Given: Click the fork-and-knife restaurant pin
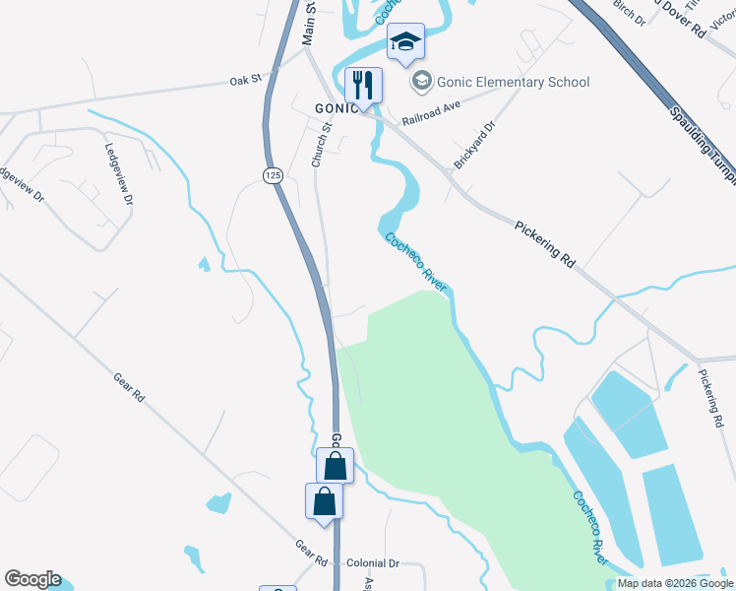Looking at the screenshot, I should pyautogui.click(x=364, y=85).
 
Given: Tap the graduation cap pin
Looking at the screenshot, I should pyautogui.click(x=405, y=42).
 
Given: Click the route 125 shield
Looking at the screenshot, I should pyautogui.click(x=272, y=174).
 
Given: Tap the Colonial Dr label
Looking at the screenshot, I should pyautogui.click(x=373, y=563).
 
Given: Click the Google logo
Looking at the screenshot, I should pyautogui.click(x=32, y=579).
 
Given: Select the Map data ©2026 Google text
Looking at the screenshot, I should pyautogui.click(x=675, y=583).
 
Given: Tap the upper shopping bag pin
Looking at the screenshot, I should pyautogui.click(x=335, y=464).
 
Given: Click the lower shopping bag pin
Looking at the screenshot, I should pyautogui.click(x=324, y=501).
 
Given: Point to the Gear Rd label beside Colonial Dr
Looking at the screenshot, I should pyautogui.click(x=311, y=553).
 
